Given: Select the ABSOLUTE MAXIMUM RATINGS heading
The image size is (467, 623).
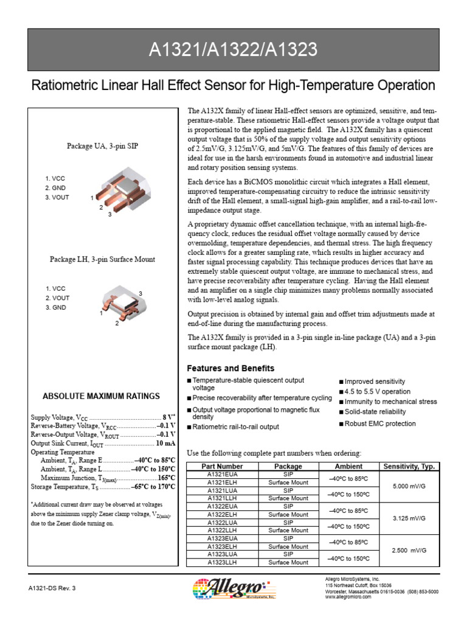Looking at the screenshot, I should pyautogui.click(x=101, y=396).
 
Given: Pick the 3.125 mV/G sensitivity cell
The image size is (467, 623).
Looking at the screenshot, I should pyautogui.click(x=409, y=518).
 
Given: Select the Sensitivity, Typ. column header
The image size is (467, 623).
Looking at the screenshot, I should pyautogui.click(x=409, y=466).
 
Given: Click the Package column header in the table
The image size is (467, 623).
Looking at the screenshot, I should pyautogui.click(x=288, y=466).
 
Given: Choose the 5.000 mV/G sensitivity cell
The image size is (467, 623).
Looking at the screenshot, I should pyautogui.click(x=409, y=486).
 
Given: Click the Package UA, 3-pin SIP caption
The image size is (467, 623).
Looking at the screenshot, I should pyautogui.click(x=102, y=146).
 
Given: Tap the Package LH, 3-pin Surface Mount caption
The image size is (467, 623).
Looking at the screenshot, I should pyautogui.click(x=102, y=259).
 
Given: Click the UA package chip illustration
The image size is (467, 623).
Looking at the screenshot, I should pyautogui.click(x=125, y=191).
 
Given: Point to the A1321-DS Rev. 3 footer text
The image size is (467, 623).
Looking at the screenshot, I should pyautogui.click(x=52, y=588).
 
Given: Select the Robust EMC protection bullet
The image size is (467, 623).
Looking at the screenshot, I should pyautogui.click(x=380, y=423).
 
